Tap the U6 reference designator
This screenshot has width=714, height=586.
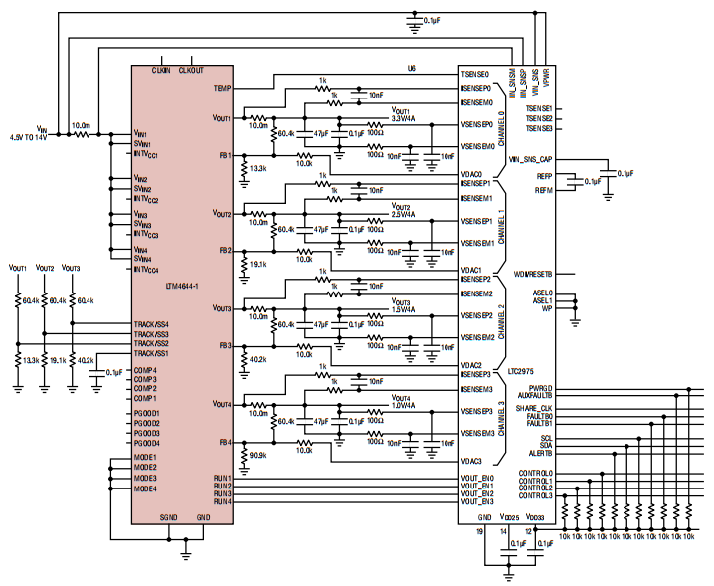[411, 68]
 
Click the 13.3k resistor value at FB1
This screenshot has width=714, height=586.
[258, 169]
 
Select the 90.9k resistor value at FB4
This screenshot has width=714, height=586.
[258, 455]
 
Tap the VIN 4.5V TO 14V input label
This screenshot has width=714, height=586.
[28, 132]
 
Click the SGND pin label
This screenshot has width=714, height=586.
[170, 517]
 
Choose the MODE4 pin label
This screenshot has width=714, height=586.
[145, 488]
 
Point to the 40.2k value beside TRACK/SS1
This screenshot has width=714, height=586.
[85, 360]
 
